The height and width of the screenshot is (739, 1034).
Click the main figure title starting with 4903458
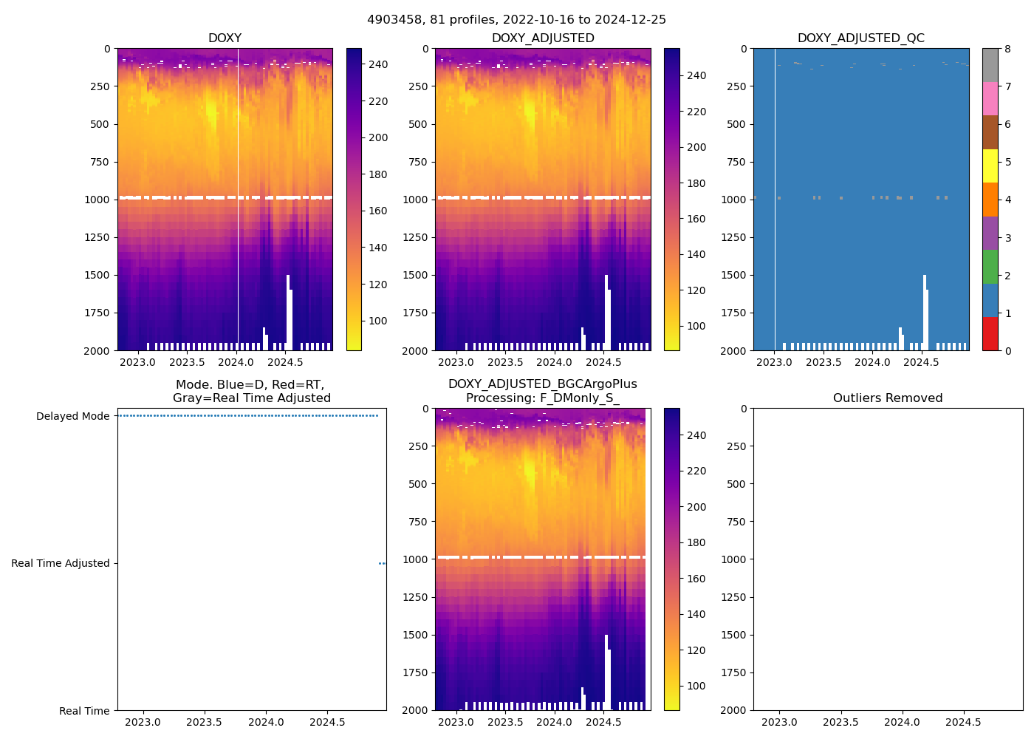(x=516, y=20)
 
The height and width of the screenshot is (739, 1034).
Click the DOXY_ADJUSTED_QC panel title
(x=860, y=38)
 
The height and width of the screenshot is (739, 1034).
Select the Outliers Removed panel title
(x=888, y=398)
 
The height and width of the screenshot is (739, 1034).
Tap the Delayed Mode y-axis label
(x=72, y=416)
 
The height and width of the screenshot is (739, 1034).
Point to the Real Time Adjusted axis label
(x=61, y=563)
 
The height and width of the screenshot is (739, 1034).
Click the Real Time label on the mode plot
(x=84, y=711)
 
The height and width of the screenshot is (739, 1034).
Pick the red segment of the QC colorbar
(x=990, y=333)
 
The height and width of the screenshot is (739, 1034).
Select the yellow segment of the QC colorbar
(x=990, y=166)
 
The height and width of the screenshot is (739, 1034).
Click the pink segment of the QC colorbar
(x=990, y=98)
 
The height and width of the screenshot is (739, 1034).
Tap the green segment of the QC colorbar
(x=990, y=266)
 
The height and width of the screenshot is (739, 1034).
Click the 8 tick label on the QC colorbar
(x=1007, y=49)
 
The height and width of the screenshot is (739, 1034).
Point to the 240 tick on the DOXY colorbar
(x=378, y=65)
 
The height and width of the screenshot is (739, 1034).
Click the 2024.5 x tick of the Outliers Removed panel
(x=963, y=722)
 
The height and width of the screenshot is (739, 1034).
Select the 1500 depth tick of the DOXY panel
(x=97, y=275)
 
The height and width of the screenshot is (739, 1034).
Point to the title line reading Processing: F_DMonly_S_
(x=542, y=398)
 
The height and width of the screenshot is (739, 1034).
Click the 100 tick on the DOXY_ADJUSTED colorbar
(x=696, y=326)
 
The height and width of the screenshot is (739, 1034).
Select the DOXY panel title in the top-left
(x=225, y=38)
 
